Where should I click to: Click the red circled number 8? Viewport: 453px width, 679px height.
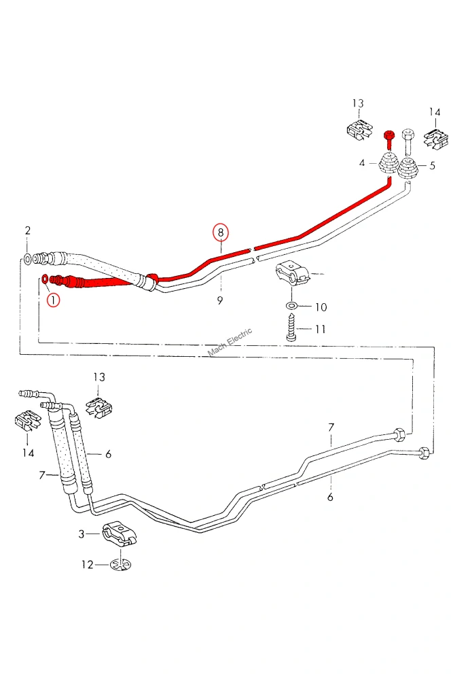click(x=221, y=232)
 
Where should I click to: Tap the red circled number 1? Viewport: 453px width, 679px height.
click(x=53, y=300)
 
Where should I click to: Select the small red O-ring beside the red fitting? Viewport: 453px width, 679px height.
click(x=45, y=278)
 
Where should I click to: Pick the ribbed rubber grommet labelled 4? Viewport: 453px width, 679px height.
click(x=388, y=165)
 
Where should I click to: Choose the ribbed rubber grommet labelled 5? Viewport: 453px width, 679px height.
click(x=407, y=168)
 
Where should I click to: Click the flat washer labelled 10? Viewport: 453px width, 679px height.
click(x=291, y=307)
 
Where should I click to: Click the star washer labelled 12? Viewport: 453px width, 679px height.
click(x=121, y=564)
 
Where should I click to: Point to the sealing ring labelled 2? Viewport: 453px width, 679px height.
click(x=26, y=259)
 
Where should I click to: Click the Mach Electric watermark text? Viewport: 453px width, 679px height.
click(x=230, y=342)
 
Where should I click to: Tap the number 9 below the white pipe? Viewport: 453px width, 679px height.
click(x=220, y=300)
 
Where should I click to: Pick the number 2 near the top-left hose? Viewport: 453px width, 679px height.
click(x=28, y=231)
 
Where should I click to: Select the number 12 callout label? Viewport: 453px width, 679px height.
click(x=88, y=565)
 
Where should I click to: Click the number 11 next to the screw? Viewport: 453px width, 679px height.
click(x=320, y=329)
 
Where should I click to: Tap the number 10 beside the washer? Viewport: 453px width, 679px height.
click(x=321, y=307)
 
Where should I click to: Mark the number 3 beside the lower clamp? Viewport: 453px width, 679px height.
click(x=81, y=534)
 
